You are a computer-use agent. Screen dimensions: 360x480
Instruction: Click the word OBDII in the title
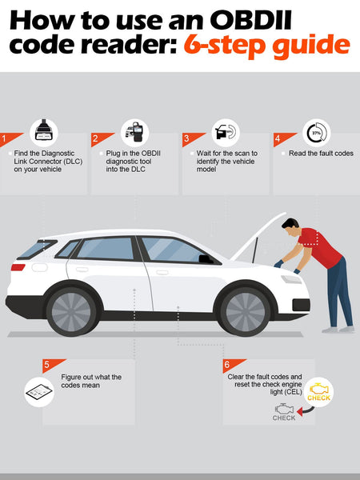250,20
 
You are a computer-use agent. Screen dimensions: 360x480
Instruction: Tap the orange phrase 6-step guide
266,46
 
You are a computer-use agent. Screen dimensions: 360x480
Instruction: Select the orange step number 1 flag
10,138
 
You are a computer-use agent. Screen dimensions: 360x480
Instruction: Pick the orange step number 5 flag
54,366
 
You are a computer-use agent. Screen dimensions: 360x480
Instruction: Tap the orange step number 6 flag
234,366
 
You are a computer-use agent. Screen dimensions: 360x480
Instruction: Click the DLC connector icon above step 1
44,132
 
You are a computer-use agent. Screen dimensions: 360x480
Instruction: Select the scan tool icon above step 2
134,132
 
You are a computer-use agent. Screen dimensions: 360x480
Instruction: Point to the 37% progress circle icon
317,133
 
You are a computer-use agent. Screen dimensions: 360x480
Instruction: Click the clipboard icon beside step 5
39,392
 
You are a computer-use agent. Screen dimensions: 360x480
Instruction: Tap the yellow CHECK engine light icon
318,392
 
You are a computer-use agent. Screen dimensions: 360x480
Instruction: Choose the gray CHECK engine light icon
284,412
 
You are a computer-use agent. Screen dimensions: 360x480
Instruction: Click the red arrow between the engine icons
306,411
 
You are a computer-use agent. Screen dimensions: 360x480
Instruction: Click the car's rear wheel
71,312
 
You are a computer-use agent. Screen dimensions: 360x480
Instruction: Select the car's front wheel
246,312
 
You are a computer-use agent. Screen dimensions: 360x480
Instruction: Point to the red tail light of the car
18,267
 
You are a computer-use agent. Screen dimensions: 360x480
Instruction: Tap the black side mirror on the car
206,259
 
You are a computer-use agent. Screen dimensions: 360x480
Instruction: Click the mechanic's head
291,227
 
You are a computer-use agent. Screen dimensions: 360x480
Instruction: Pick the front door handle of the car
162,272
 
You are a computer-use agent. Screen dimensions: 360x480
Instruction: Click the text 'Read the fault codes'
321,154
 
